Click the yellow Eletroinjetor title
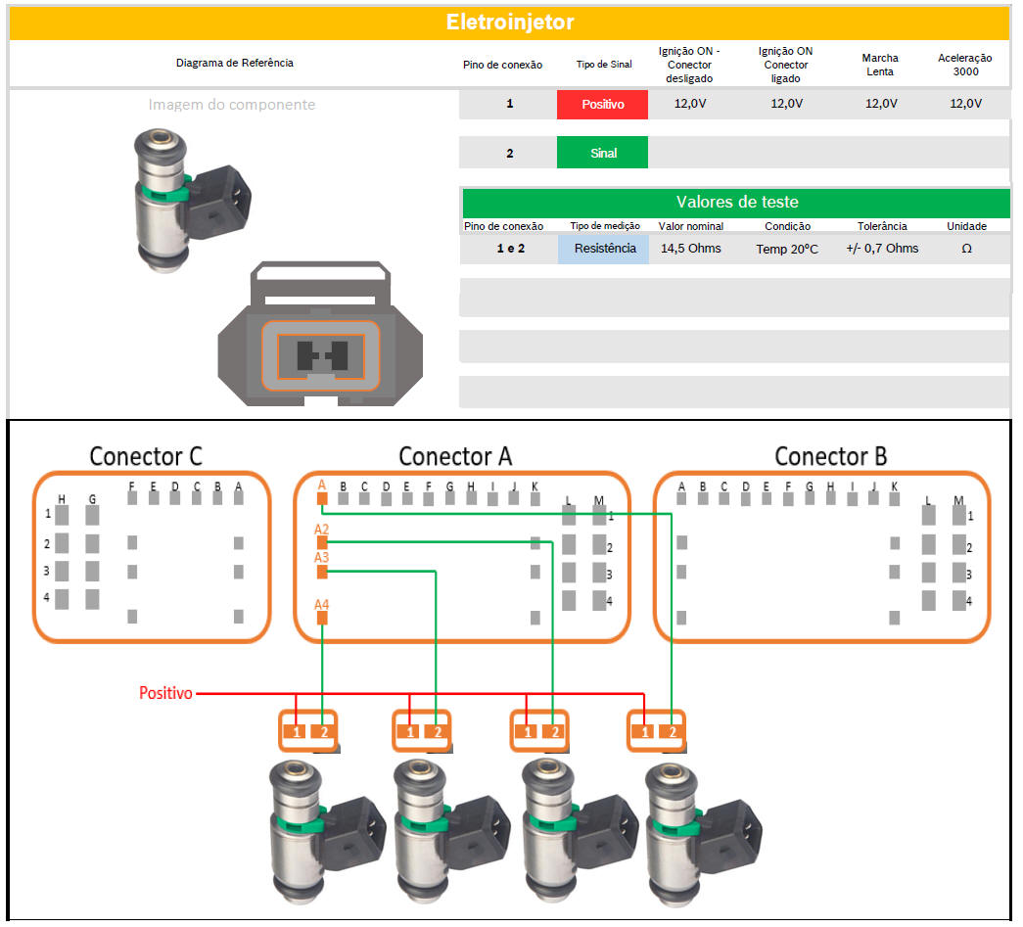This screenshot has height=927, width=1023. pos(509,22)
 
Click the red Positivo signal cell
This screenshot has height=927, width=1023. pos(602,104)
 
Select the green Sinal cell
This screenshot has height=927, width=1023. pos(602,153)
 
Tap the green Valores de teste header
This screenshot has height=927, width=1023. pos(735,203)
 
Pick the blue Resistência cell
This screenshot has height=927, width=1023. pos(604,249)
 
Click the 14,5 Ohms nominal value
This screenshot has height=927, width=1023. pos(690,249)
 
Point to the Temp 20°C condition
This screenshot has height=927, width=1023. pos(786,250)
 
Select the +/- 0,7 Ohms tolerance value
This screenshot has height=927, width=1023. pos(882,249)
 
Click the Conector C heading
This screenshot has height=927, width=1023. pos(146,456)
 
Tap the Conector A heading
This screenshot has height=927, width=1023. pos(455,456)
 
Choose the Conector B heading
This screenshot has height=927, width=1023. pos(830,456)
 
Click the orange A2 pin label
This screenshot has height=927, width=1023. pos(321,530)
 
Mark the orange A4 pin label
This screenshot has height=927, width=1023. pos(321,605)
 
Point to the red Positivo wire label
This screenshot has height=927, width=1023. pos(165,693)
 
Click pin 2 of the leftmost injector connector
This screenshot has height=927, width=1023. pos(323,731)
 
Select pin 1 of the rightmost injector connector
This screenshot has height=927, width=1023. pos(644,731)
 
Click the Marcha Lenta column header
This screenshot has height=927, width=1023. pos(880,65)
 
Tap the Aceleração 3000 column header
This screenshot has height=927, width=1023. pos(964,65)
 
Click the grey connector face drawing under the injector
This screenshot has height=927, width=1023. pos(322,338)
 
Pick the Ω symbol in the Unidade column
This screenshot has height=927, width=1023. pos(966,249)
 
